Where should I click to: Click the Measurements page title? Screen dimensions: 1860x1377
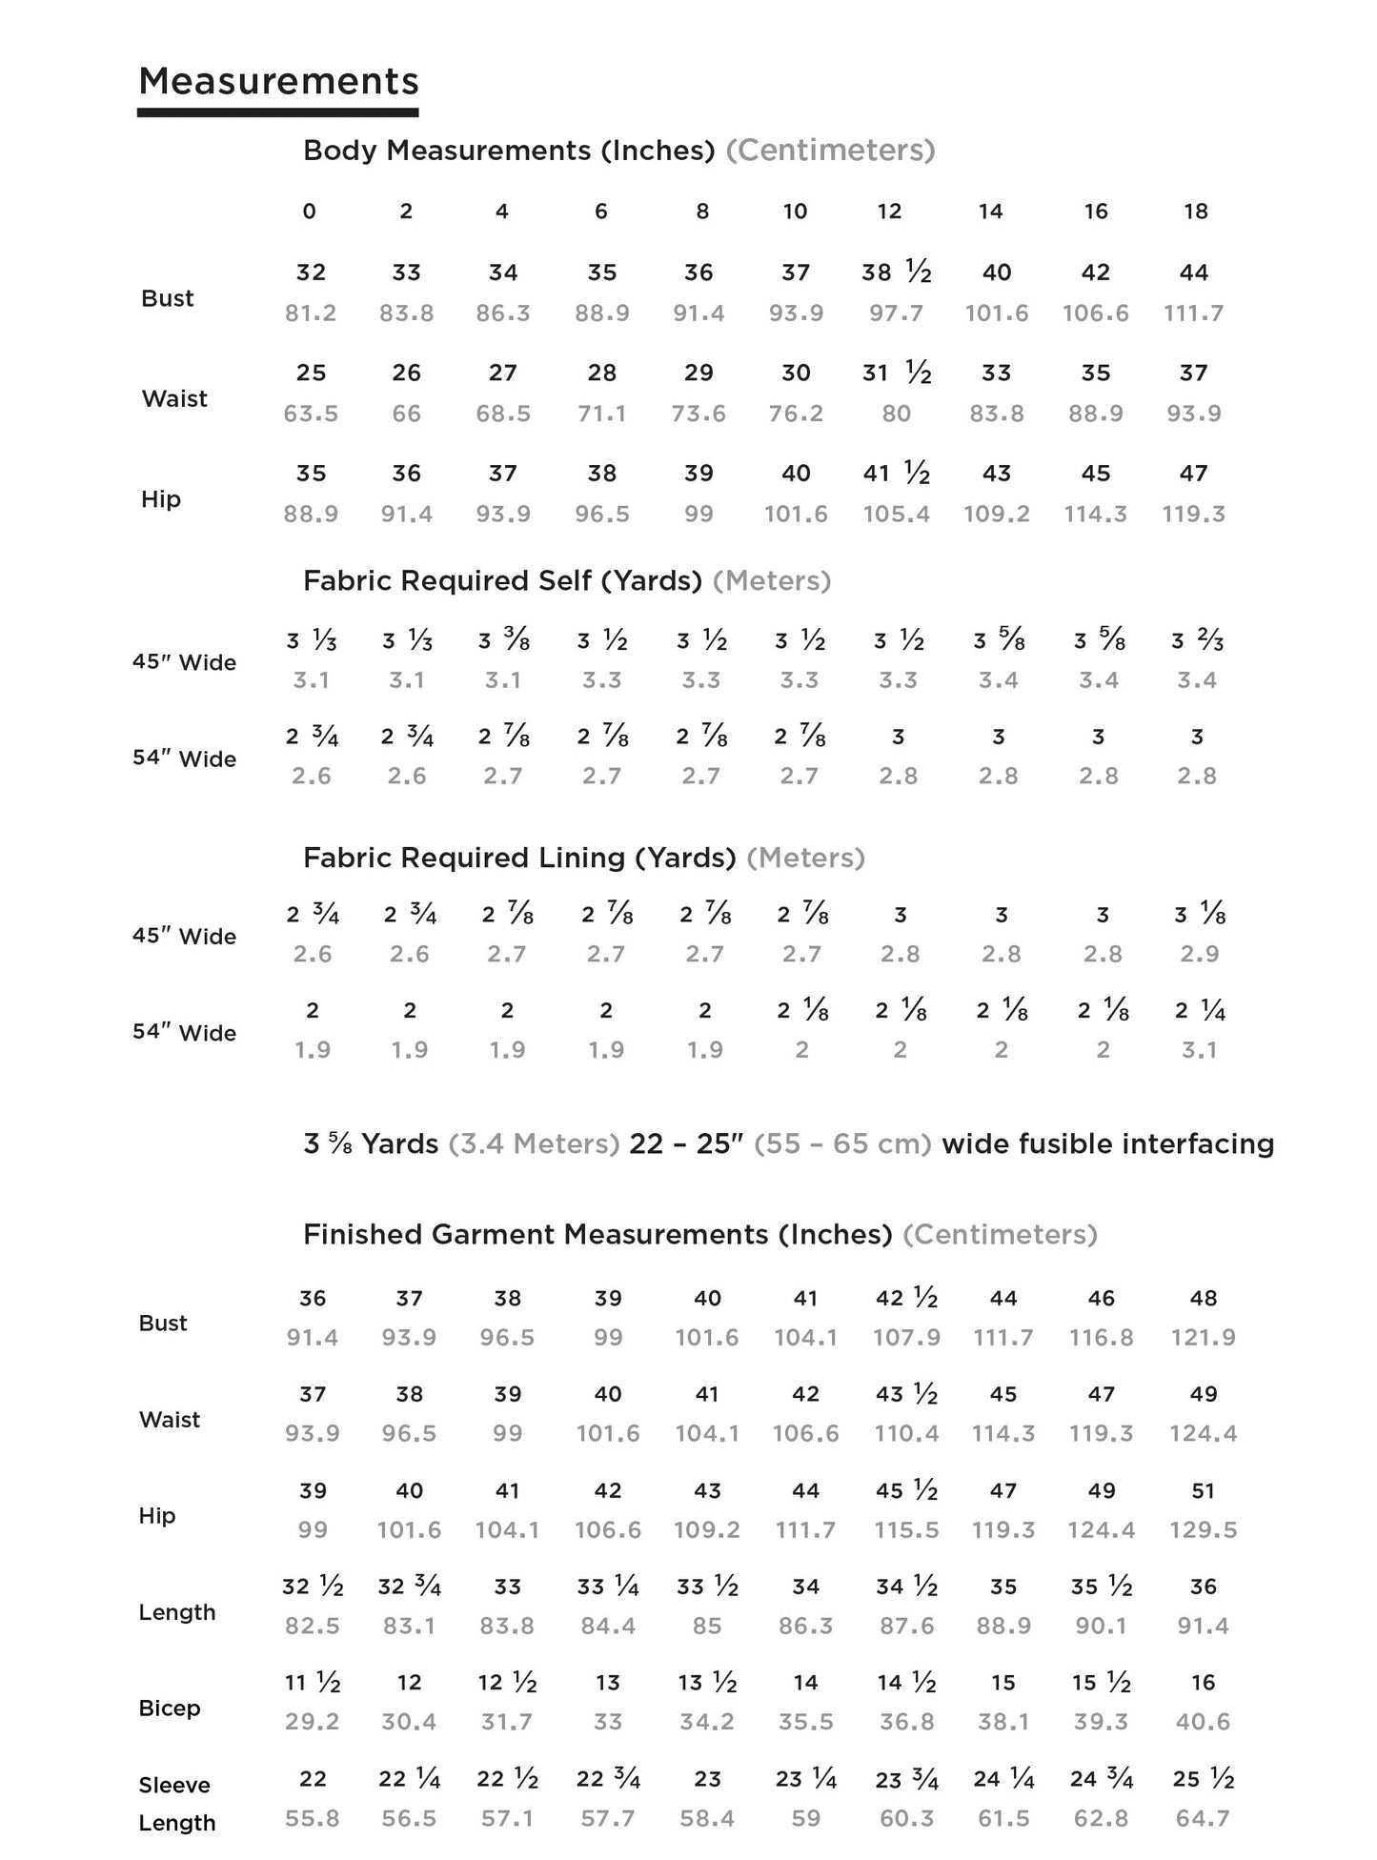pyautogui.click(x=278, y=82)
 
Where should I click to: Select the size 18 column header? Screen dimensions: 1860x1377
pyautogui.click(x=1195, y=212)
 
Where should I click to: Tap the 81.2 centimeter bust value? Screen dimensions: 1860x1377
pyautogui.click(x=311, y=313)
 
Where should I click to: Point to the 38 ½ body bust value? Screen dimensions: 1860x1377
pyautogui.click(x=896, y=273)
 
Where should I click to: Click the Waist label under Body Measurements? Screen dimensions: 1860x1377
pyautogui.click(x=174, y=398)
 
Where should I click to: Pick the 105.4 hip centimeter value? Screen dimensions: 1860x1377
pyautogui.click(x=896, y=515)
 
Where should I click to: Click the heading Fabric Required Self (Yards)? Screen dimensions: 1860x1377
pyautogui.click(x=502, y=580)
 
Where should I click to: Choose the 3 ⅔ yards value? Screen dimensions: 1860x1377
pyautogui.click(x=1197, y=641)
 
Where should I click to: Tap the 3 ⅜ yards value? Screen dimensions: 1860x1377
pyautogui.click(x=503, y=641)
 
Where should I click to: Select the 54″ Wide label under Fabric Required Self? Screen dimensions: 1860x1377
pyautogui.click(x=184, y=758)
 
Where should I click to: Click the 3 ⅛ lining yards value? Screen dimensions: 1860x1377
pyautogui.click(x=1199, y=915)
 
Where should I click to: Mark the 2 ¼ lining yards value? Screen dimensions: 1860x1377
pyautogui.click(x=1199, y=1011)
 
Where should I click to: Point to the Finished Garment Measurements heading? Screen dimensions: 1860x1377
pyautogui.click(x=597, y=1235)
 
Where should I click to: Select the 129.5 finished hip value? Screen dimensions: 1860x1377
pyautogui.click(x=1203, y=1530)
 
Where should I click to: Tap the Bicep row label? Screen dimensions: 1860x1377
pyautogui.click(x=170, y=1708)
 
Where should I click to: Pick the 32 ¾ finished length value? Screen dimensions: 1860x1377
pyautogui.click(x=409, y=1587)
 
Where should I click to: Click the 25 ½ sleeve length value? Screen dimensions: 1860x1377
pyautogui.click(x=1203, y=1779)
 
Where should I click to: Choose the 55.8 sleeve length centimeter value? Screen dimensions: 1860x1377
pyautogui.click(x=313, y=1818)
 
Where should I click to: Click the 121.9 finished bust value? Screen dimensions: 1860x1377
pyautogui.click(x=1203, y=1338)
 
